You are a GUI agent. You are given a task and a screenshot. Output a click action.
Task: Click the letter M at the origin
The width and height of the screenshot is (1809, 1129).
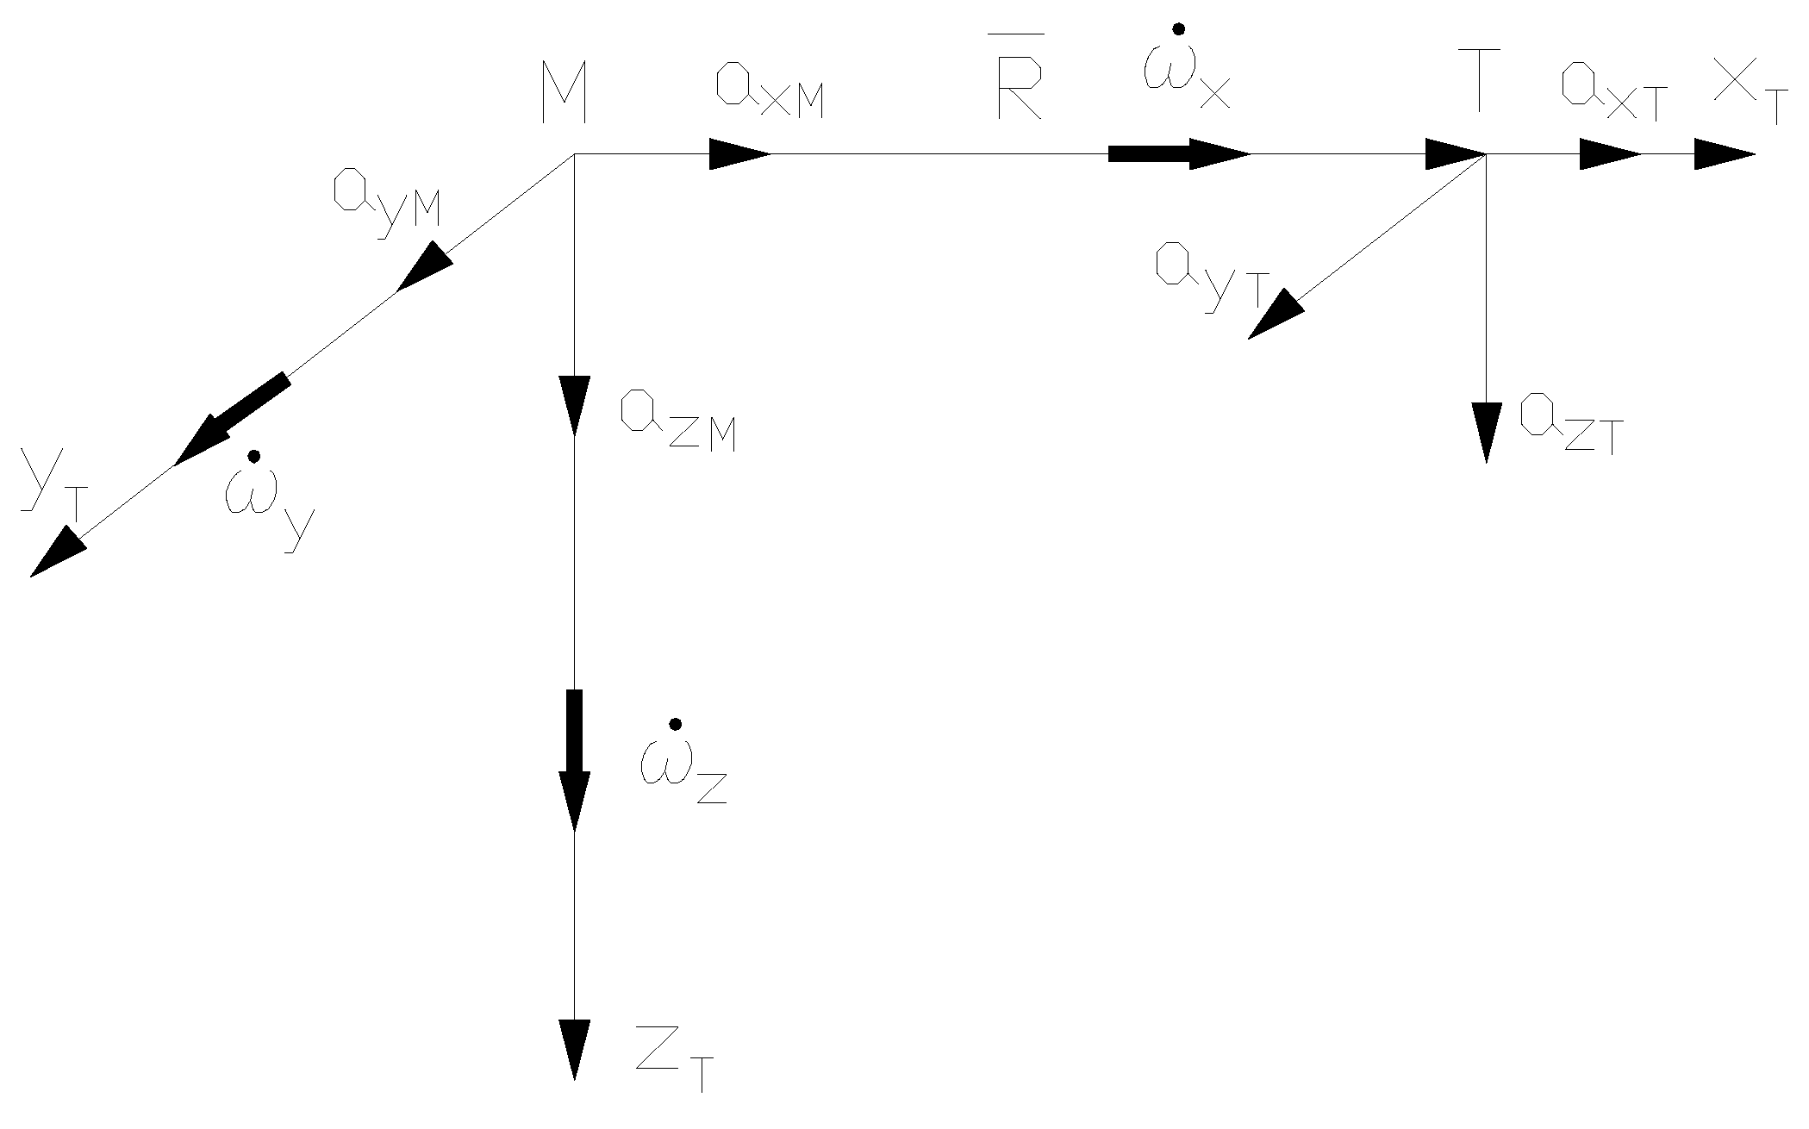564,95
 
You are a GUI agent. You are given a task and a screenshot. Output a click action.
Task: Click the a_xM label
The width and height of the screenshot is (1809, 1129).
769,96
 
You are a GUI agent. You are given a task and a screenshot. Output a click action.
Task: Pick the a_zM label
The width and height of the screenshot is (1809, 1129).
677,423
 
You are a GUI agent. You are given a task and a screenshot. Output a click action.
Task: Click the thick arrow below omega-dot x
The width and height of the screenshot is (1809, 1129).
1178,154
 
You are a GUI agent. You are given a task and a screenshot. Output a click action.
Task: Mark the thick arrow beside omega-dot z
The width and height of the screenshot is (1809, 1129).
574,758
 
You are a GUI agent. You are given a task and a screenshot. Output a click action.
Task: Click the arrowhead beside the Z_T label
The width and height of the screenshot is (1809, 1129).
574,1048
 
